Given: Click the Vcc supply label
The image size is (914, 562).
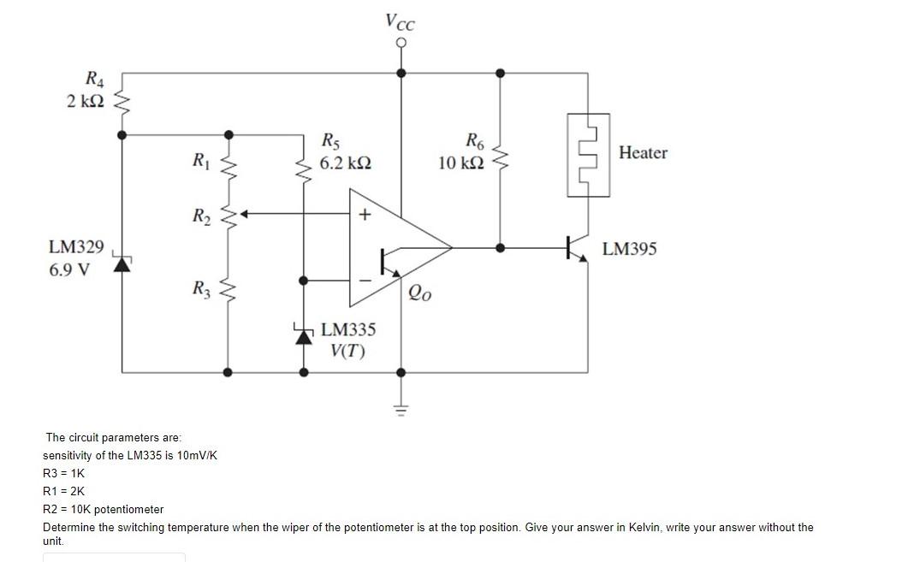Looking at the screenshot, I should coord(400,20).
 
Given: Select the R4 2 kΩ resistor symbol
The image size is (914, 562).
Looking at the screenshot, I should coord(122,104).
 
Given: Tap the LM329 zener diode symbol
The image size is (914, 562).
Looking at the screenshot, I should coord(122,263).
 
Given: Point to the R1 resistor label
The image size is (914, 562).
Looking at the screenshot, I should coord(200,159).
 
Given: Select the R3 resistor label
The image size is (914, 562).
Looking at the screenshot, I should coord(200,290).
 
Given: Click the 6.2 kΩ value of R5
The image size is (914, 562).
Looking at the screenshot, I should coord(345,163).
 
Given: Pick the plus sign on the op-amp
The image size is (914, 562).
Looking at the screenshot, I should coord(365,215).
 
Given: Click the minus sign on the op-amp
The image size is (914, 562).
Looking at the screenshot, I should coord(365,279).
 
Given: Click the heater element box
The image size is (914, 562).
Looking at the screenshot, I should coord(587,155).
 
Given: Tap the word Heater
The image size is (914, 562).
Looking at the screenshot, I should coord(643,153).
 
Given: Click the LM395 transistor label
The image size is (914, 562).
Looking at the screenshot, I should coord(630,249).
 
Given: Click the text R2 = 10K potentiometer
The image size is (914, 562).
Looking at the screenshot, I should coord(103,509).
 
